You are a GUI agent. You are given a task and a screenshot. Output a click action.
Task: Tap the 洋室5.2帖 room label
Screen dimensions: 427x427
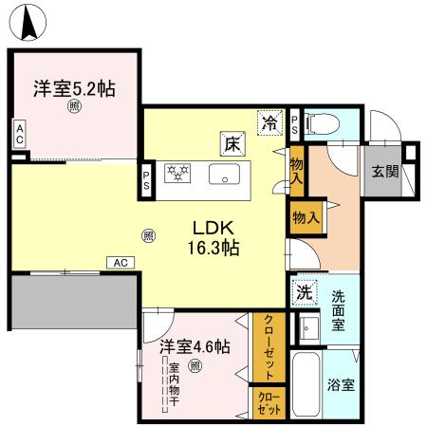coord(75,90)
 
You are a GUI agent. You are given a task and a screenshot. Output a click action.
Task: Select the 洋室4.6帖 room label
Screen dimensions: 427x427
coord(194,346)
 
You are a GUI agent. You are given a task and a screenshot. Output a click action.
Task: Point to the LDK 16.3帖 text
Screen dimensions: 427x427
coord(216,238)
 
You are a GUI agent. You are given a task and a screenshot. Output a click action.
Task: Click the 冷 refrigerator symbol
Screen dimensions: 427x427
coord(270,121)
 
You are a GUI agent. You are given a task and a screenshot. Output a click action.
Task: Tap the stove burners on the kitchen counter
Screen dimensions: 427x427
coord(178,174)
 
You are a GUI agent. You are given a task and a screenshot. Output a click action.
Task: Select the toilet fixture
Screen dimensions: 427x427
coord(320,122)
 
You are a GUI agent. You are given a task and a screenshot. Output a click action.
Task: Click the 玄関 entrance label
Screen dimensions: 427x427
coord(385,172)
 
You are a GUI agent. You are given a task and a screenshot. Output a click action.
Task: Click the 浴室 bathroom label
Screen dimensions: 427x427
coord(342,386)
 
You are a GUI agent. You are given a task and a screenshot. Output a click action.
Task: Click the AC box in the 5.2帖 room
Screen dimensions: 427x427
coord(19,135)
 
